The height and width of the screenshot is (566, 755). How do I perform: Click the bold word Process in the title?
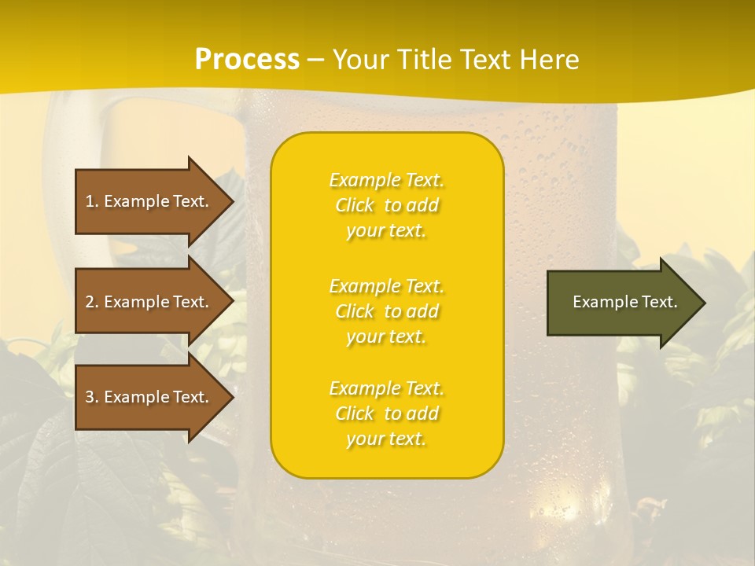pos(247,60)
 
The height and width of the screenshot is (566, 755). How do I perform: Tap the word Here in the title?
pos(549,60)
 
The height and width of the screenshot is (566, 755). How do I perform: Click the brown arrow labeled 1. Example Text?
pos(149,201)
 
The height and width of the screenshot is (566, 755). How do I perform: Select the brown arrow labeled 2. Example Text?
pos(149,302)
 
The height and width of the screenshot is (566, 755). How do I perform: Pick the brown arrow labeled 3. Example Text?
pos(149,397)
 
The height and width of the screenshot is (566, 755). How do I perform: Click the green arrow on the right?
pos(621,303)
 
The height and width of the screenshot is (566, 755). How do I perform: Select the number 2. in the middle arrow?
pos(92,302)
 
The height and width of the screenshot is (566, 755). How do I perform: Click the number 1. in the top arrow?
pos(92,201)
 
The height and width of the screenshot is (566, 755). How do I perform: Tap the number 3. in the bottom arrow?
pos(92,397)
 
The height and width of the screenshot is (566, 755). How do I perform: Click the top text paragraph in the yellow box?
pos(386,205)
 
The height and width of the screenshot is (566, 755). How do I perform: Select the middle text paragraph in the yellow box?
pos(386,311)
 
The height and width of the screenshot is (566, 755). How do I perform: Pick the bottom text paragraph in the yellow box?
pos(386,413)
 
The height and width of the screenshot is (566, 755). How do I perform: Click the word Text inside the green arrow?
pos(660,302)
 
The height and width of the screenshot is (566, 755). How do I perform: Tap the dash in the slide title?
pos(315,60)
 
